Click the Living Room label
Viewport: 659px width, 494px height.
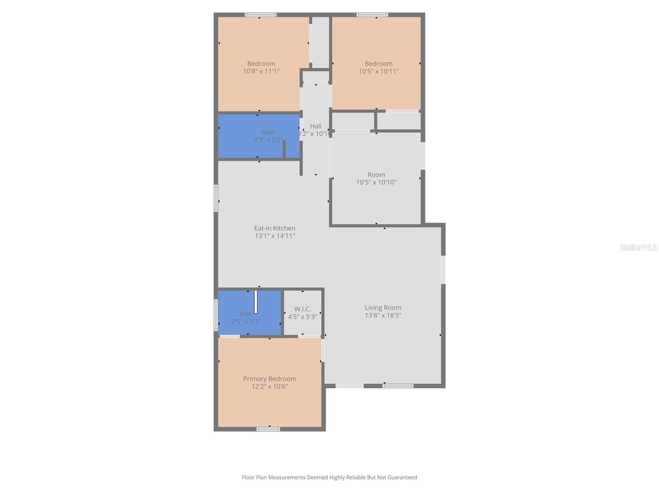coord(383,308)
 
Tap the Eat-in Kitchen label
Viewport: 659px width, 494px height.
coord(275,228)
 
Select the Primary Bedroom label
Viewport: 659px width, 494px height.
coord(269,379)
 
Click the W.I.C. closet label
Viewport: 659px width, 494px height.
coord(302,309)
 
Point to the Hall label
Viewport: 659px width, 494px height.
coord(316,126)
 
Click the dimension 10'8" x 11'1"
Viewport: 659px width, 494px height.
coord(261,71)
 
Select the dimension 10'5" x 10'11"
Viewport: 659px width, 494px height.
coord(379,71)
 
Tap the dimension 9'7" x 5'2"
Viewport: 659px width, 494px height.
coord(268,140)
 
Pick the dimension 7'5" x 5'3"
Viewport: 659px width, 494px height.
coord(246,322)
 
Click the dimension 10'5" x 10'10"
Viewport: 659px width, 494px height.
coord(376,182)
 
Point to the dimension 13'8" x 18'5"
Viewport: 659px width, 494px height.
coord(383,315)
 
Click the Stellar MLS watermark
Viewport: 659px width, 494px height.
coord(638,247)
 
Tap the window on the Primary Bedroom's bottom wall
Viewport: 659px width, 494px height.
coord(268,429)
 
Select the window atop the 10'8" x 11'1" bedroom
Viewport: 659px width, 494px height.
coord(261,15)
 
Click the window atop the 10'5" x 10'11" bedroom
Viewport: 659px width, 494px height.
coord(372,15)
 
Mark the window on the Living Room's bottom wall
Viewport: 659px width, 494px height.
coord(398,386)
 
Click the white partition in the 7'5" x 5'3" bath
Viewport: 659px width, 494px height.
coord(256,302)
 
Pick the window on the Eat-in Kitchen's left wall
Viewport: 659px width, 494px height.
coord(216,198)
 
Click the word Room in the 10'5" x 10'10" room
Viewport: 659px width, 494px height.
coord(376,175)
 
